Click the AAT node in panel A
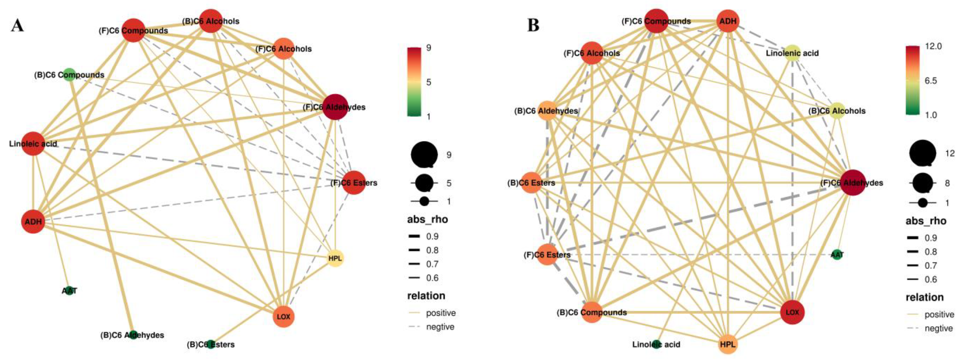[x=69, y=290]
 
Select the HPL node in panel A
[x=335, y=258]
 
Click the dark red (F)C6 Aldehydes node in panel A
[x=335, y=107]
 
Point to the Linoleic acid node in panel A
[x=34, y=143]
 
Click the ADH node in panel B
[x=728, y=21]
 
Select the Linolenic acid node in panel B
[x=792, y=53]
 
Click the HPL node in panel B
[x=728, y=344]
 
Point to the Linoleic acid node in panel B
[x=656, y=344]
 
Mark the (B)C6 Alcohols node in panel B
[x=837, y=111]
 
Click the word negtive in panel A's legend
[x=440, y=327]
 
